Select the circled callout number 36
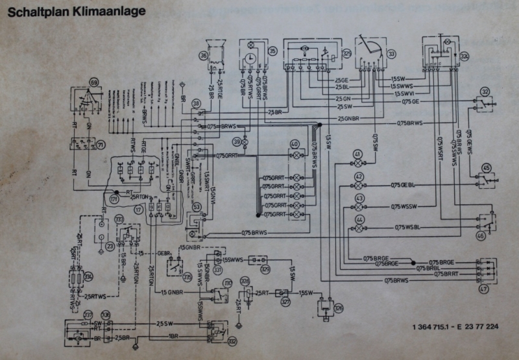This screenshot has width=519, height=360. pos(203,56)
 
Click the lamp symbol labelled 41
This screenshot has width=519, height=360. pos(357,154)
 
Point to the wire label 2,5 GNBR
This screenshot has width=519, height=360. pos(349,119)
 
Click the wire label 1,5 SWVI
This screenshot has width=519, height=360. pos(404,94)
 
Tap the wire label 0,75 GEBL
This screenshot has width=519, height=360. pos(402,186)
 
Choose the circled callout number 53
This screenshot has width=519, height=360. pos(196,207)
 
